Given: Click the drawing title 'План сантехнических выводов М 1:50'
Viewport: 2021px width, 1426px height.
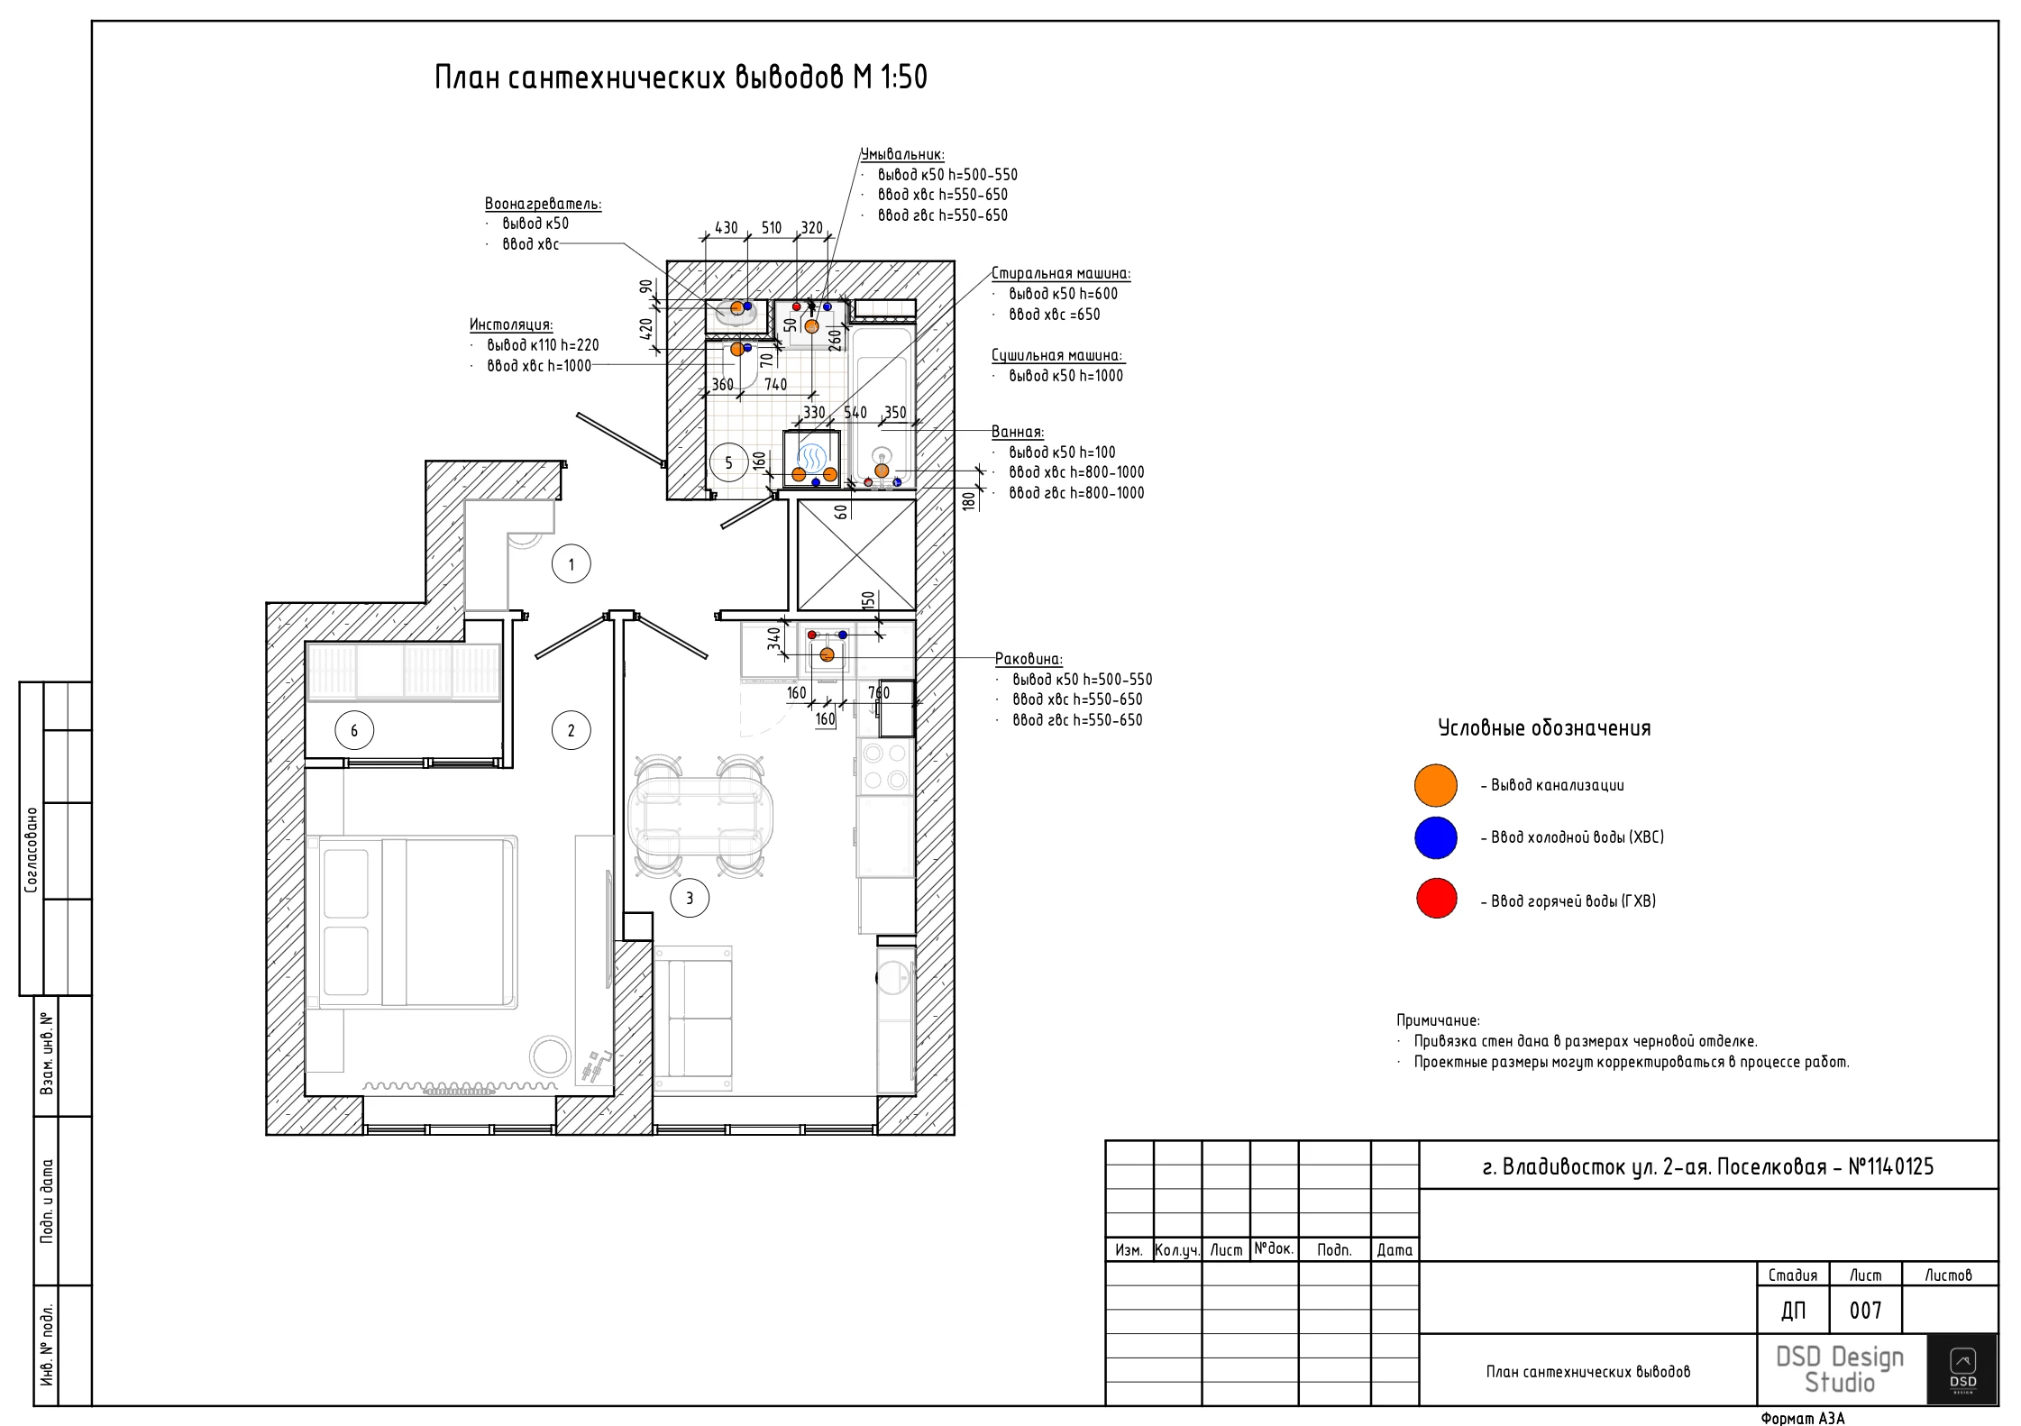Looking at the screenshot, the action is (681, 78).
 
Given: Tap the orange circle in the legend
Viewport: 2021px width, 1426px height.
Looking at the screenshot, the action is (1436, 785).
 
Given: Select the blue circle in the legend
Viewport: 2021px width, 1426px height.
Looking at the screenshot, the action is (1436, 837).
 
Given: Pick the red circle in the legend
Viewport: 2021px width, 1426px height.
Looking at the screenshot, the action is (1436, 898).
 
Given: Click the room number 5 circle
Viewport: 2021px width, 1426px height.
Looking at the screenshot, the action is (729, 463).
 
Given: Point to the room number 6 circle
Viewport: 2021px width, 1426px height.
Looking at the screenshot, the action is (354, 730).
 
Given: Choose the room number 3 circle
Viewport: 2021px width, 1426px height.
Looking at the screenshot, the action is (690, 898).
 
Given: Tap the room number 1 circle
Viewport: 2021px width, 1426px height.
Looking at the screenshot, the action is (571, 564).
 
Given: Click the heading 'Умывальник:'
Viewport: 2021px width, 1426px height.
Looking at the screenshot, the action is (902, 155).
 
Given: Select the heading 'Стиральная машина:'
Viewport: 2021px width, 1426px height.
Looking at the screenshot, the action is (1061, 273).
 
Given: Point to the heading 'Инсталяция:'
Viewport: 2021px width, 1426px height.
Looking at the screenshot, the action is (511, 325).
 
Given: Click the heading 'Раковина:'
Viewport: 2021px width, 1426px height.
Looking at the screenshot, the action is (1029, 659).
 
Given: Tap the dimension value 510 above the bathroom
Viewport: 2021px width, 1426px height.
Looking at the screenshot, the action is (772, 228).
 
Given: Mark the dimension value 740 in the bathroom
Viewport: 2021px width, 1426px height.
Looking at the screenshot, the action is (776, 385).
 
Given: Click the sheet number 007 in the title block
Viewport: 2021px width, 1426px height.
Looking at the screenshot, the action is (1865, 1311).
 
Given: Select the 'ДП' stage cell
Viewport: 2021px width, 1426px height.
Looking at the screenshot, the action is (1793, 1311).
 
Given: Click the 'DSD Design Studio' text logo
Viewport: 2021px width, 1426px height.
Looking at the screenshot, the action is (1840, 1369).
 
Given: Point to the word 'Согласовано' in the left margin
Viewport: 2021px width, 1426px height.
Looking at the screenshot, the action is (32, 850).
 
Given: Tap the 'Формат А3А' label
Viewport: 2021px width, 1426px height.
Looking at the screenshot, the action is (1803, 1418).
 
